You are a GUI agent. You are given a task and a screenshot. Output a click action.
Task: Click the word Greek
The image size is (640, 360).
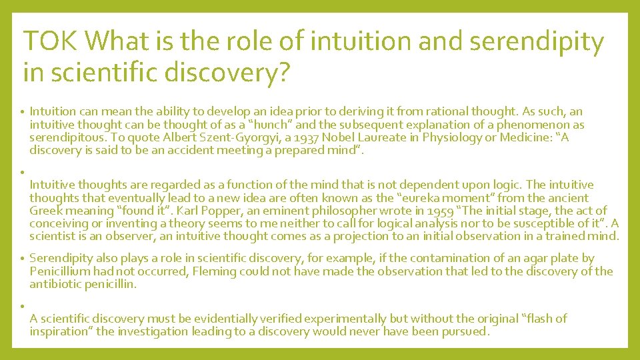click(44, 210)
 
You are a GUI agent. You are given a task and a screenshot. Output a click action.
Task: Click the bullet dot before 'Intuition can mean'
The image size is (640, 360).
click(22, 113)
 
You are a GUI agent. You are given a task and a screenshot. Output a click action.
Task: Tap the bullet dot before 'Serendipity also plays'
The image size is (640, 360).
click(22, 258)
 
